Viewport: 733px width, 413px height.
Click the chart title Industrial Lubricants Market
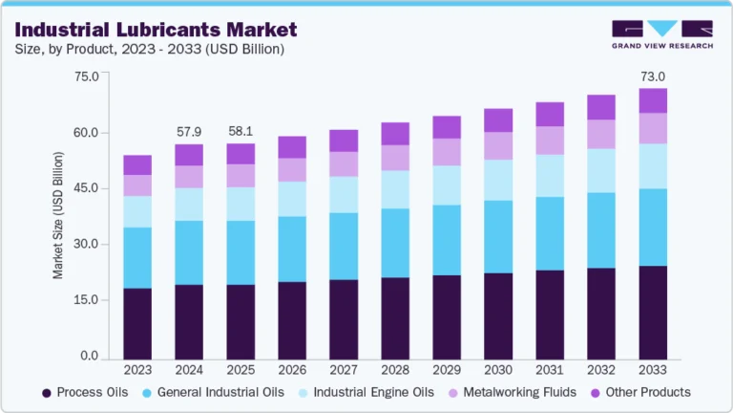coord(156,30)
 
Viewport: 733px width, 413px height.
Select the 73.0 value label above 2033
coord(653,76)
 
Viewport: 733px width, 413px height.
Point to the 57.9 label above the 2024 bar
coord(189,130)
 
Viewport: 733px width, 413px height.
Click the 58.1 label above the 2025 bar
coord(241,130)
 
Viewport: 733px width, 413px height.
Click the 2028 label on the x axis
coord(395,368)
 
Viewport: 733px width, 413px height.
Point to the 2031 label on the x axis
coord(550,368)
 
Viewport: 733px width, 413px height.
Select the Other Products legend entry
coord(644,392)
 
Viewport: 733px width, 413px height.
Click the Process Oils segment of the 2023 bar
coord(137,322)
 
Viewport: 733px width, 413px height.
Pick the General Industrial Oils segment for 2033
coord(653,227)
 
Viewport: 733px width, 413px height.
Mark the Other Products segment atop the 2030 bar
coord(498,120)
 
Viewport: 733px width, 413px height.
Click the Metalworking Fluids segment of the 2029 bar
coord(447,152)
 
